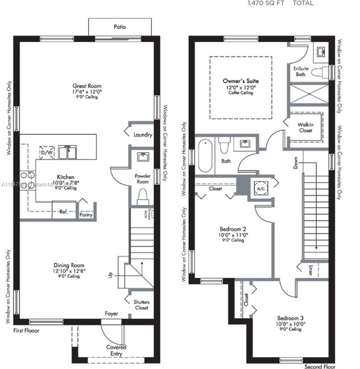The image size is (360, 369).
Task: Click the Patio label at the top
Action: [119, 27]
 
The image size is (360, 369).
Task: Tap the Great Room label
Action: [87, 86]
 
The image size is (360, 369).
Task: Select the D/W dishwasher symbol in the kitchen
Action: [46, 152]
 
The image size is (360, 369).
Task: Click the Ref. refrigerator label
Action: [63, 211]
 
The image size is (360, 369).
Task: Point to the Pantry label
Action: [86, 216]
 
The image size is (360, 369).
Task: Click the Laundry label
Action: [142, 135]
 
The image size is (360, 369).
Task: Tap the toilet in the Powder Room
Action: [142, 196]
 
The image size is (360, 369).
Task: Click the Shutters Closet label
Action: [141, 305]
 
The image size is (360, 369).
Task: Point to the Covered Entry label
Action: [116, 351]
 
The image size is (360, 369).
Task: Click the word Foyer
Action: [111, 313]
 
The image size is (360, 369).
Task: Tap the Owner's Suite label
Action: [241, 81]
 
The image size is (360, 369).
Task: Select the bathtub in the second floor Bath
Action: [205, 156]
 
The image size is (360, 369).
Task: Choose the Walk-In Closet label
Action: [306, 128]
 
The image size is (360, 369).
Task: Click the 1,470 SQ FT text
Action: [266, 3]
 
